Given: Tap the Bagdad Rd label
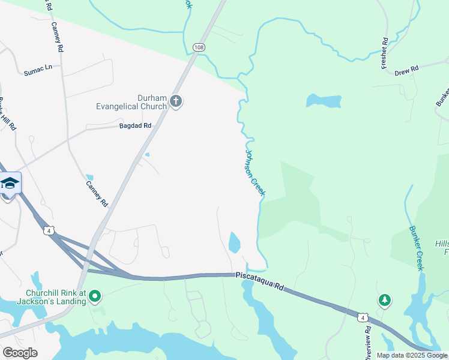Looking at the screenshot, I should (135, 126).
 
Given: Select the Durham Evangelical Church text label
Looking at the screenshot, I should (131, 102).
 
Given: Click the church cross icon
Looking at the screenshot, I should (176, 101).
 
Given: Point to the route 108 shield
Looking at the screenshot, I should (199, 47).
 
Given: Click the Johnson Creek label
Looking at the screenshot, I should (255, 173).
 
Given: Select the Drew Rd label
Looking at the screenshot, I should (406, 71).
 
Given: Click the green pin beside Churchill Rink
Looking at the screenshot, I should (95, 296).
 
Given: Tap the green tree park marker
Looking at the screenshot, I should (384, 300).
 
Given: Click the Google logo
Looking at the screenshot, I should (20, 352).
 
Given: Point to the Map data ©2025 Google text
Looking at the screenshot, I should (411, 355).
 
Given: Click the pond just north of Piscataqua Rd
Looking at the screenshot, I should (234, 242).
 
